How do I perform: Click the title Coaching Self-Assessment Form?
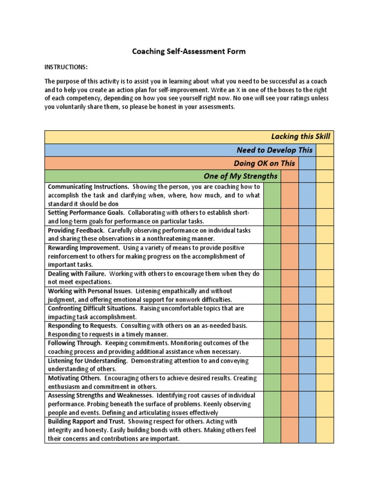tap(189, 51)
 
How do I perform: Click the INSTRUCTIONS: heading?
tap(66, 67)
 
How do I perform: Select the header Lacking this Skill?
tap(300, 136)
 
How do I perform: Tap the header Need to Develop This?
tap(274, 150)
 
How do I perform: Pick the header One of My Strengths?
tap(240, 176)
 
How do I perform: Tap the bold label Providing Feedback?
tap(76, 230)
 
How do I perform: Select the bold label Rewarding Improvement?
tap(84, 248)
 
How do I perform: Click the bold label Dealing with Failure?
tap(76, 273)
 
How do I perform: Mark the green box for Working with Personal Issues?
tap(272, 295)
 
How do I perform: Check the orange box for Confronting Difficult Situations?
tap(289, 313)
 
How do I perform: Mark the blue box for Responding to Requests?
tap(307, 330)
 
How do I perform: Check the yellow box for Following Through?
tap(324, 347)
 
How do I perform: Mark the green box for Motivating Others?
tap(272, 382)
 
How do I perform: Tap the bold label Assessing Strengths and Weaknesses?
tap(99, 395)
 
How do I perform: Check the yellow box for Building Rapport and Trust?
tap(324, 430)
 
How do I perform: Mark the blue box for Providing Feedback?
tap(307, 234)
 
